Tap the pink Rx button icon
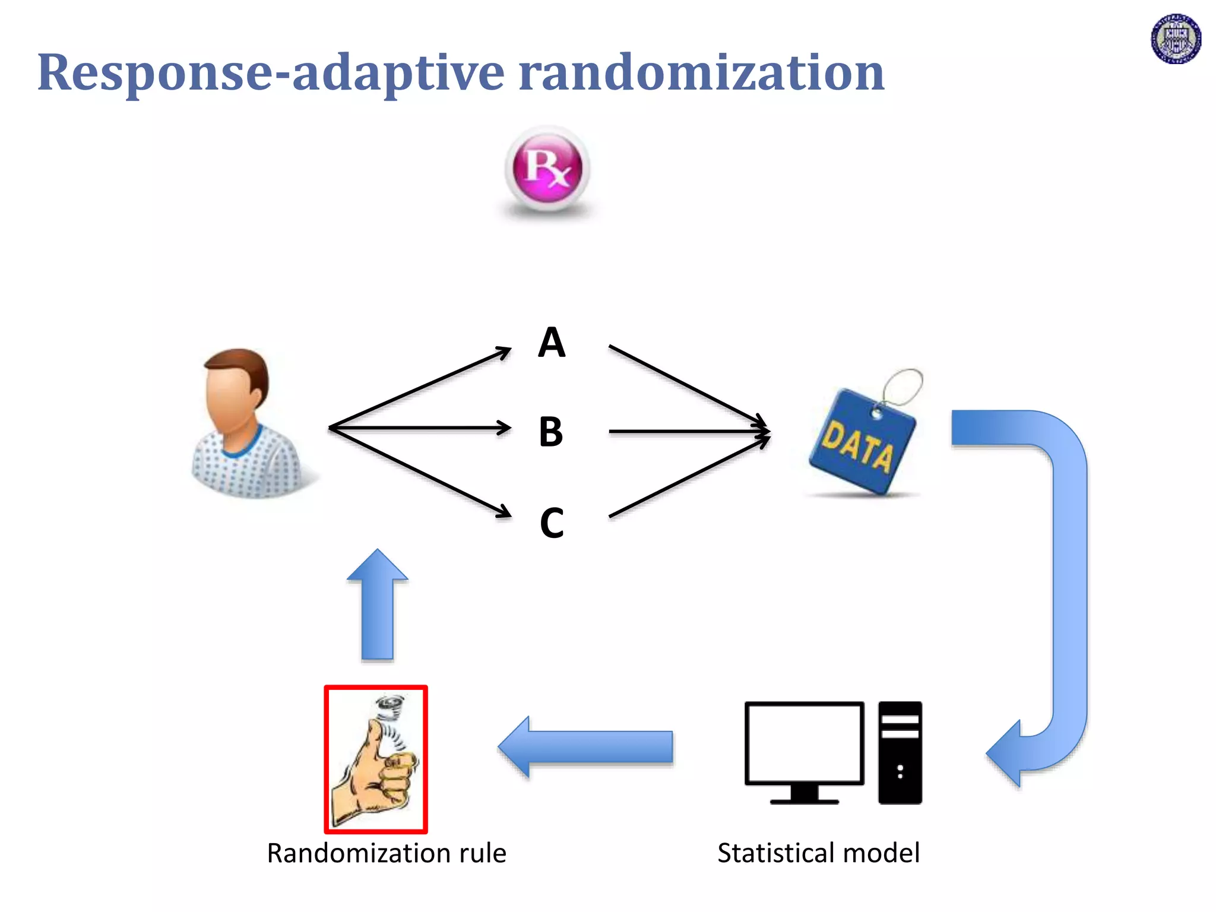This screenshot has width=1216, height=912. [547, 169]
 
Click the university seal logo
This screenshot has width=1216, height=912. [1176, 39]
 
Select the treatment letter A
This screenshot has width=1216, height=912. [552, 343]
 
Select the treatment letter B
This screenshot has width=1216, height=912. [551, 432]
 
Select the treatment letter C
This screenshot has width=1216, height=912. [552, 523]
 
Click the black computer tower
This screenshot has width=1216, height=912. [900, 752]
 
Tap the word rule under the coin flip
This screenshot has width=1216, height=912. [482, 853]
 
